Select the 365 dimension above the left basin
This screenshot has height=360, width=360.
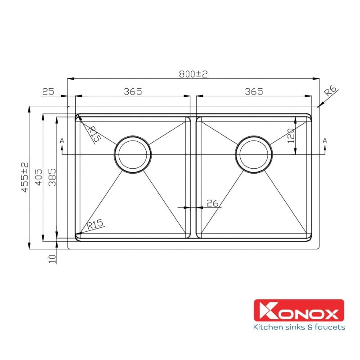(x=133, y=91)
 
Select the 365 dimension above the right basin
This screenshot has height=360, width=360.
(x=254, y=91)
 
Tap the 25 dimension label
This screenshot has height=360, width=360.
(x=48, y=91)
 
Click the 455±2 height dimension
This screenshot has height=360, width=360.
(x=25, y=178)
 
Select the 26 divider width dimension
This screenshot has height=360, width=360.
(x=212, y=203)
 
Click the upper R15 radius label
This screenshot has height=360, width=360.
(x=94, y=135)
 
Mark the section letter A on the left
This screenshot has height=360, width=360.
(x=62, y=141)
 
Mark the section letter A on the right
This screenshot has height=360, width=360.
(x=324, y=141)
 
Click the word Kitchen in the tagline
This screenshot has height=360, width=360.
(x=268, y=327)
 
